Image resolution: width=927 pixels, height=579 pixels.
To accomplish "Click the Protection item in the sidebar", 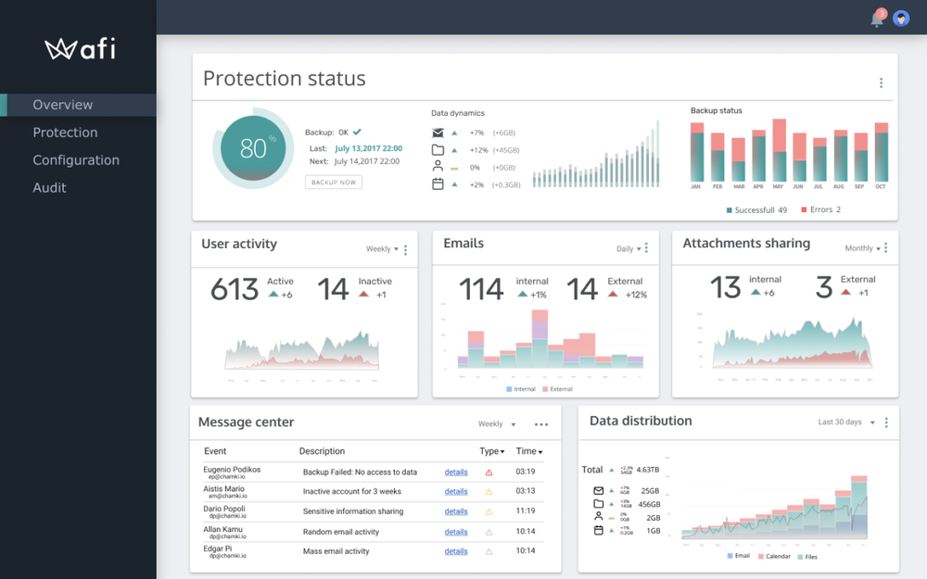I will [x=65, y=132].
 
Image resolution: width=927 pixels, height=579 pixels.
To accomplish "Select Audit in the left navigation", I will [x=49, y=187].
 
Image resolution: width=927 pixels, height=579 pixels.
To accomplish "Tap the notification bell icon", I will [x=877, y=19].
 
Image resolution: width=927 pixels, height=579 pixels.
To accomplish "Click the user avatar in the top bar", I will [x=901, y=19].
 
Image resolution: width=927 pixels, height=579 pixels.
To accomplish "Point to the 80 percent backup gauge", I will [x=253, y=148].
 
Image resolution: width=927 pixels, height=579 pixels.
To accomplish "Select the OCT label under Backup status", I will [x=881, y=187].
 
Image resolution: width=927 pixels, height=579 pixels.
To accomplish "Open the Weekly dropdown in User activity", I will [x=382, y=249].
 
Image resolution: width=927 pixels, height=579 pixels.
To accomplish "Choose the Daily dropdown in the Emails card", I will [x=629, y=248].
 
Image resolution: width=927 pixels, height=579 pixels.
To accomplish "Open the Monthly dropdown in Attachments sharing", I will [x=864, y=248].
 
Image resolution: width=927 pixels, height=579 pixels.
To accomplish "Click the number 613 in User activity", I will [x=235, y=290].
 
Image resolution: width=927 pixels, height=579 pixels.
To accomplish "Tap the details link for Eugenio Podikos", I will [x=456, y=472].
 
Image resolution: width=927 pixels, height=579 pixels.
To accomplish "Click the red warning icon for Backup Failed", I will [x=489, y=472].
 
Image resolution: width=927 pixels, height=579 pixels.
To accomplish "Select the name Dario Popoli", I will [x=224, y=509].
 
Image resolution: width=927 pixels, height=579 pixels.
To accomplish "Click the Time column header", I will [x=528, y=451].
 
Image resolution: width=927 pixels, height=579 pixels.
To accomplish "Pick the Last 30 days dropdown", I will [x=845, y=422].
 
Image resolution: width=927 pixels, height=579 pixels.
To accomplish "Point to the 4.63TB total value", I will [x=648, y=470].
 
